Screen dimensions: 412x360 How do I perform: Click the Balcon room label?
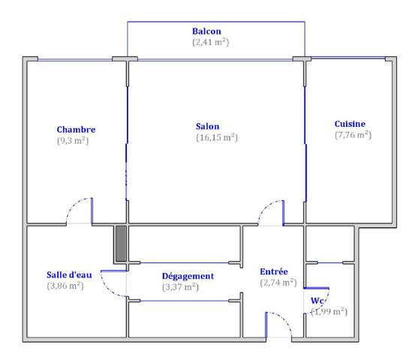[x=206, y=31]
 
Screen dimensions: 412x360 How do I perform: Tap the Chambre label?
[x=76, y=130]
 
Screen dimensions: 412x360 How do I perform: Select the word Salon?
[x=207, y=127]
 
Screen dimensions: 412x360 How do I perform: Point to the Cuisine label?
[x=350, y=124]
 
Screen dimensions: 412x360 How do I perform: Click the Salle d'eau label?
[x=69, y=274]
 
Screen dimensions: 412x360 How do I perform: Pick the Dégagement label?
[x=188, y=276]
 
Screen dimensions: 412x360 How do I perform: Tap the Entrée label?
[x=274, y=271]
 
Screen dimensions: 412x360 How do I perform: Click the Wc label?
[x=317, y=301]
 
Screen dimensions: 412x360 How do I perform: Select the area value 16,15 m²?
[x=217, y=137]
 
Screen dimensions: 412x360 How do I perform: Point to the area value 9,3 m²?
[x=73, y=141]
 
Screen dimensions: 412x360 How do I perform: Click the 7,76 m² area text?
[x=353, y=135]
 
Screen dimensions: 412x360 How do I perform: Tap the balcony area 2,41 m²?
[x=210, y=42]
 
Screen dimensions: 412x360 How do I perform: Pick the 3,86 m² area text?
[x=65, y=286]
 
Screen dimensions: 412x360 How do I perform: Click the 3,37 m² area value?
[x=180, y=287]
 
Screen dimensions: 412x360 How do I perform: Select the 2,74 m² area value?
[x=278, y=283]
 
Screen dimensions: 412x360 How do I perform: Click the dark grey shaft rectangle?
[x=121, y=244]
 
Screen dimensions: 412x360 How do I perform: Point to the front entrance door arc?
[x=284, y=319]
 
